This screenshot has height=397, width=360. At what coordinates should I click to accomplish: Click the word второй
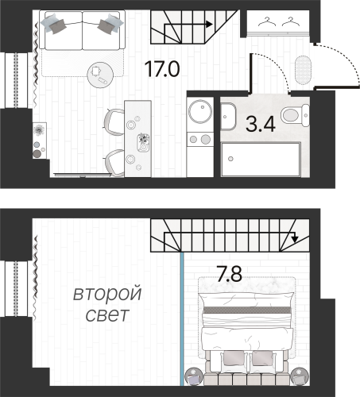tap(107, 295)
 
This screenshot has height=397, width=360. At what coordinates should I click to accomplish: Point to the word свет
tap(107, 315)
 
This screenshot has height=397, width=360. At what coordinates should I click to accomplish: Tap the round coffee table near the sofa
tap(101, 74)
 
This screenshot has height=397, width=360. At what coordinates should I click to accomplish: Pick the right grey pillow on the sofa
tap(106, 25)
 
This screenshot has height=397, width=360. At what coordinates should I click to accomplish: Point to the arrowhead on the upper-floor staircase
tap(295, 237)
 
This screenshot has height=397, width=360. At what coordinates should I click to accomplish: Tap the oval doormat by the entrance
tap(303, 70)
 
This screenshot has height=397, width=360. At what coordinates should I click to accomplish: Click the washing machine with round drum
tap(198, 110)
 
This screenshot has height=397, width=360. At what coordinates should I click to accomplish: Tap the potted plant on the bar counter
tap(143, 141)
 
